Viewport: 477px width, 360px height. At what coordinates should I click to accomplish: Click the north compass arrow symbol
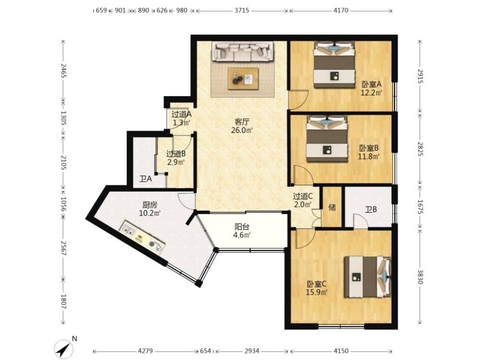tap(63, 348)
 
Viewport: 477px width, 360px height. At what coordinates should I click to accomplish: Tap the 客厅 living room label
tap(242, 122)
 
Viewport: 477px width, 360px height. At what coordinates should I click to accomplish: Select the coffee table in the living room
tap(243, 79)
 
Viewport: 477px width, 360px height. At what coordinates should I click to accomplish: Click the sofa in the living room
tap(243, 51)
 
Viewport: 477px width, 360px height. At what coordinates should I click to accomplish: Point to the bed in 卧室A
tap(334, 64)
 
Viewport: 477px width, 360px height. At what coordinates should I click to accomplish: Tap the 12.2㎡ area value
tap(371, 93)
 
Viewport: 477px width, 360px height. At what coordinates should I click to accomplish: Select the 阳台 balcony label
tap(242, 227)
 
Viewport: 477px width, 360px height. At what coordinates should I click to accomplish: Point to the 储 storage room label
tap(332, 207)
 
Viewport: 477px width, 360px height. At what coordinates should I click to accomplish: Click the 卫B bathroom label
tap(371, 209)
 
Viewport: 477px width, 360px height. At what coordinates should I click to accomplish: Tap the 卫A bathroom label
tap(145, 179)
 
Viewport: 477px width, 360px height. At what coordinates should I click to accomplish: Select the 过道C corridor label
tap(303, 197)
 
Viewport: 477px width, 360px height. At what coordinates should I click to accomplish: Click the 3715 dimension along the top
tap(242, 11)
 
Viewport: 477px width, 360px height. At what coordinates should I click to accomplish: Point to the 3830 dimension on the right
tap(420, 277)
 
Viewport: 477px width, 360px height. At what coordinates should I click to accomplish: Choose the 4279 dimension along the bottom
tap(146, 351)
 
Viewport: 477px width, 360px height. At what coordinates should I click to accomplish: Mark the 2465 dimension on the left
tap(63, 71)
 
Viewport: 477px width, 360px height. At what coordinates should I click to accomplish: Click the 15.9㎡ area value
tap(316, 292)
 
